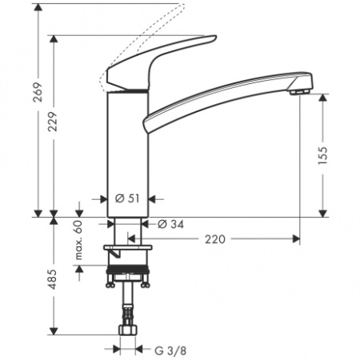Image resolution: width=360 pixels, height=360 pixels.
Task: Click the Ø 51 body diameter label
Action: click(128, 198)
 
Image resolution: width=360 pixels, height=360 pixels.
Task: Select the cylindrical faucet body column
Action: click(126, 152)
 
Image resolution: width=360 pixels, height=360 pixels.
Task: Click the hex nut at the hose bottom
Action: click(126, 333)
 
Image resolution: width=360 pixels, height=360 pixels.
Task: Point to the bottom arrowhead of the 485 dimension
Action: click(53, 329)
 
